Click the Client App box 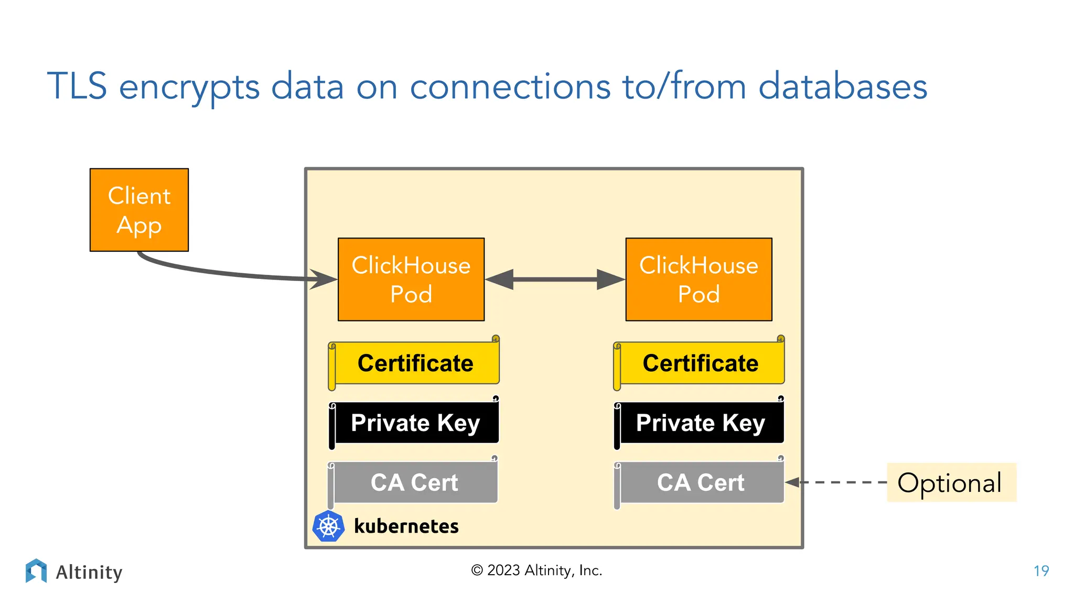139,210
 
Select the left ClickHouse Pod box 411,279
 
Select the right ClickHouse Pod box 699,279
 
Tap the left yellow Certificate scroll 414,363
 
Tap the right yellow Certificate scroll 700,363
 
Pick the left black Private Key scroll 414,423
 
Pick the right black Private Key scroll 700,423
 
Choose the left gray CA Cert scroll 414,482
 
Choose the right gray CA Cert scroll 700,482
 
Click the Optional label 950,482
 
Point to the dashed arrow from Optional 839,482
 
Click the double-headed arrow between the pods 555,279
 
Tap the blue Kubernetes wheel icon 328,526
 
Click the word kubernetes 406,526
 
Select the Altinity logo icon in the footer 36,570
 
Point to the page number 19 1041,571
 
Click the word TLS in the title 77,87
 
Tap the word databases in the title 843,87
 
